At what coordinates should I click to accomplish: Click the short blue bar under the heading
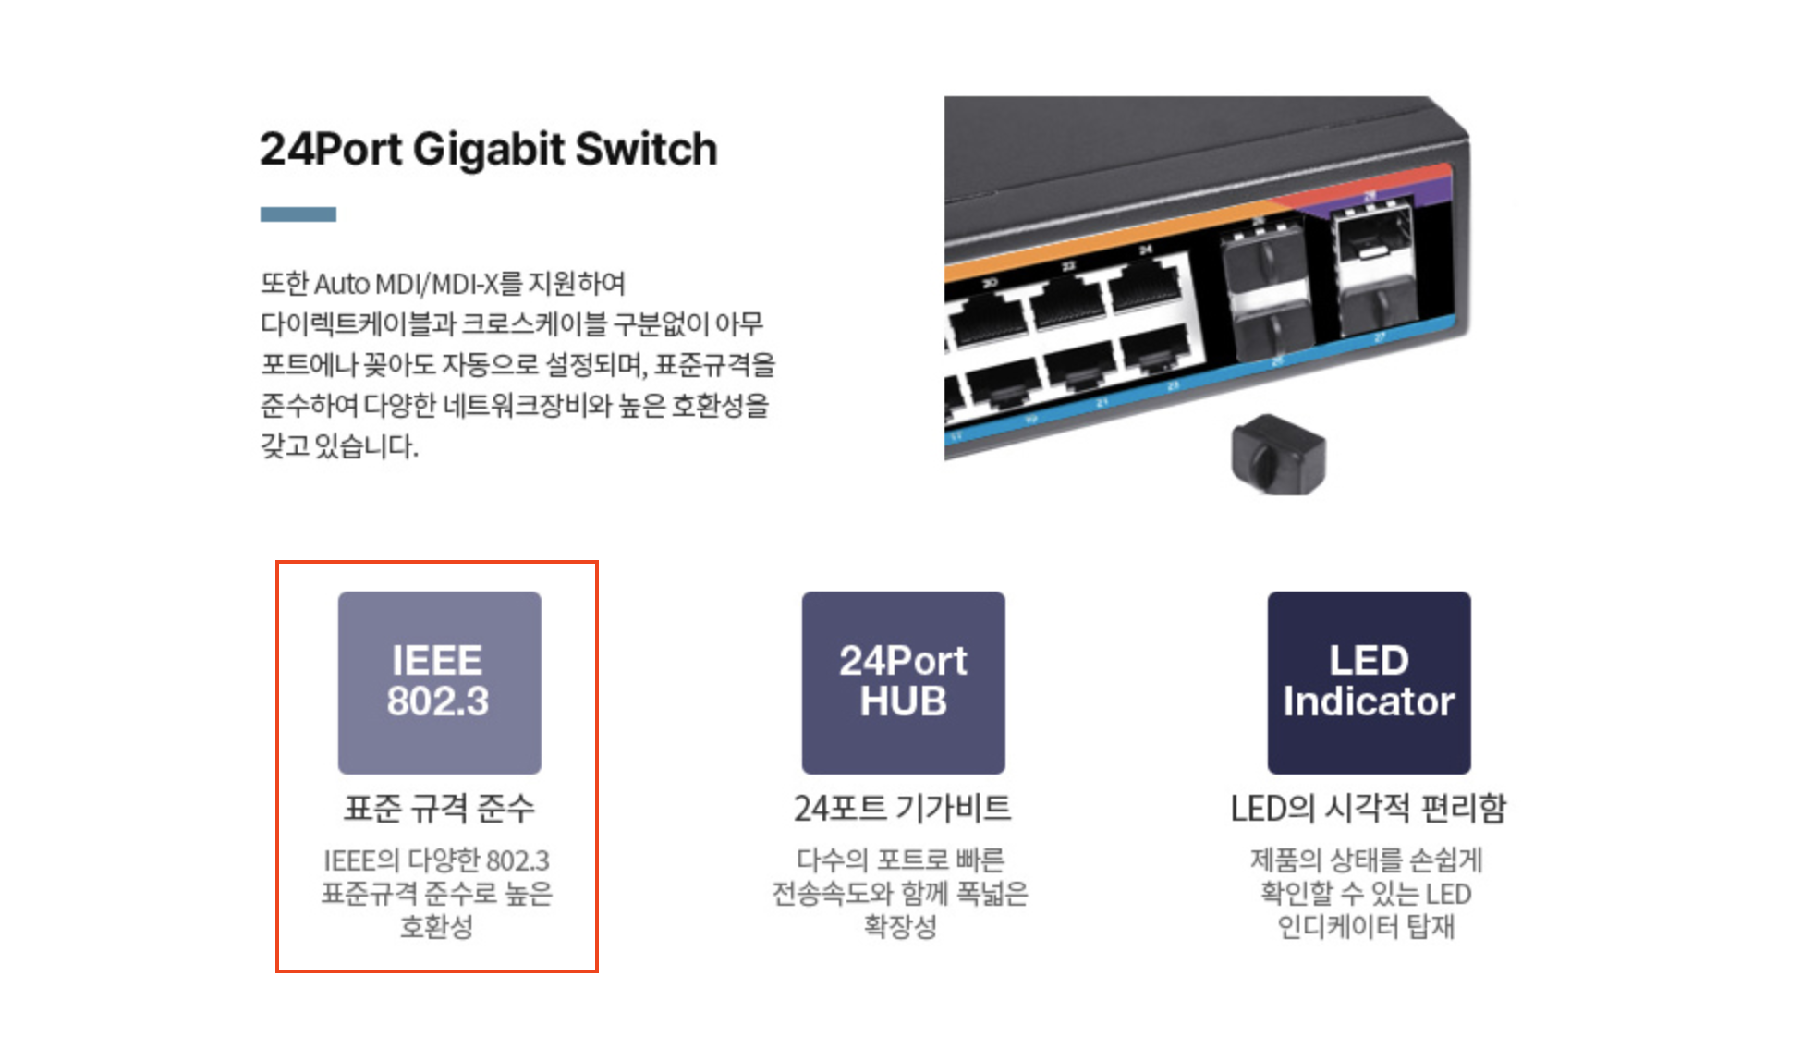(x=298, y=214)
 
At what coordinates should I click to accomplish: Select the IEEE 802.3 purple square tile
(x=439, y=682)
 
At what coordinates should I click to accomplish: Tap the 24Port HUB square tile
(x=903, y=682)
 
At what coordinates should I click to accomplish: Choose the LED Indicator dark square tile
(x=1369, y=682)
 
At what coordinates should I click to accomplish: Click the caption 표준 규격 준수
(x=439, y=809)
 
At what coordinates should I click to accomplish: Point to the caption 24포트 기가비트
(x=902, y=809)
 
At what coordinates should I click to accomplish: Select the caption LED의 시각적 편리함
(x=1368, y=809)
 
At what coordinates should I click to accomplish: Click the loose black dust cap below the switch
(x=1278, y=455)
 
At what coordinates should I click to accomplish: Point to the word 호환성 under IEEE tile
(x=436, y=926)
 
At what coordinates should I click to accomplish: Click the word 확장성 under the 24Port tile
(x=900, y=926)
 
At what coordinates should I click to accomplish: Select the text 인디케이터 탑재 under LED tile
(x=1366, y=926)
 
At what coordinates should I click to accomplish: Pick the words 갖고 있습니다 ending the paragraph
(x=339, y=446)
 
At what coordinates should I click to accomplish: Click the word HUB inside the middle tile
(x=903, y=701)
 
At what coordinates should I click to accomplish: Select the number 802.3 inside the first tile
(x=438, y=701)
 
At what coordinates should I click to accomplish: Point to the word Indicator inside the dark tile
(x=1369, y=701)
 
